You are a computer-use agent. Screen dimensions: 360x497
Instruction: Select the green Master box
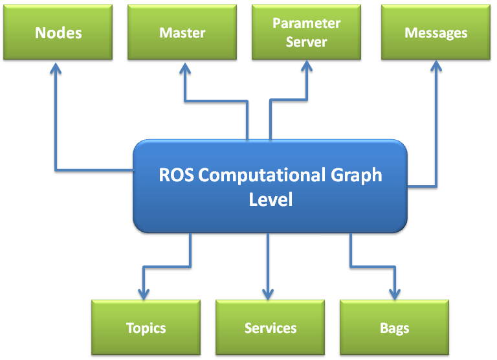(182, 32)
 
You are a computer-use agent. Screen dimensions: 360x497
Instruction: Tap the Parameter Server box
(306, 32)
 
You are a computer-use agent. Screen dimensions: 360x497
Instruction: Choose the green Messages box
(436, 32)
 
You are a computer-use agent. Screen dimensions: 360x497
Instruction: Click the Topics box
(146, 328)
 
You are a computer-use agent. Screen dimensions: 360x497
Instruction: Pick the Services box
(270, 328)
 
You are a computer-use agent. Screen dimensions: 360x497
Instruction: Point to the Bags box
(394, 328)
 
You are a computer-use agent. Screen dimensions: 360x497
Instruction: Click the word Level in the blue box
(271, 199)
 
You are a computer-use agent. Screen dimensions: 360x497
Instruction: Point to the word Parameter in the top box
(306, 24)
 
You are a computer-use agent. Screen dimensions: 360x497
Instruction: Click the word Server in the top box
(306, 41)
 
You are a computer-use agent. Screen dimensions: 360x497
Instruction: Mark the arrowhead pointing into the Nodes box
(56, 67)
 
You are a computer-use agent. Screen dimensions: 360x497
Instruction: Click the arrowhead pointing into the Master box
(186, 67)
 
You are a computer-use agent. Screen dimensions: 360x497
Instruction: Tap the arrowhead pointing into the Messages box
(435, 67)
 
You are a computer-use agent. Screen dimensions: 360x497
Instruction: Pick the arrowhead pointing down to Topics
(143, 292)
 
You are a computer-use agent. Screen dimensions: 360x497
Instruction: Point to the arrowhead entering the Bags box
(392, 292)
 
